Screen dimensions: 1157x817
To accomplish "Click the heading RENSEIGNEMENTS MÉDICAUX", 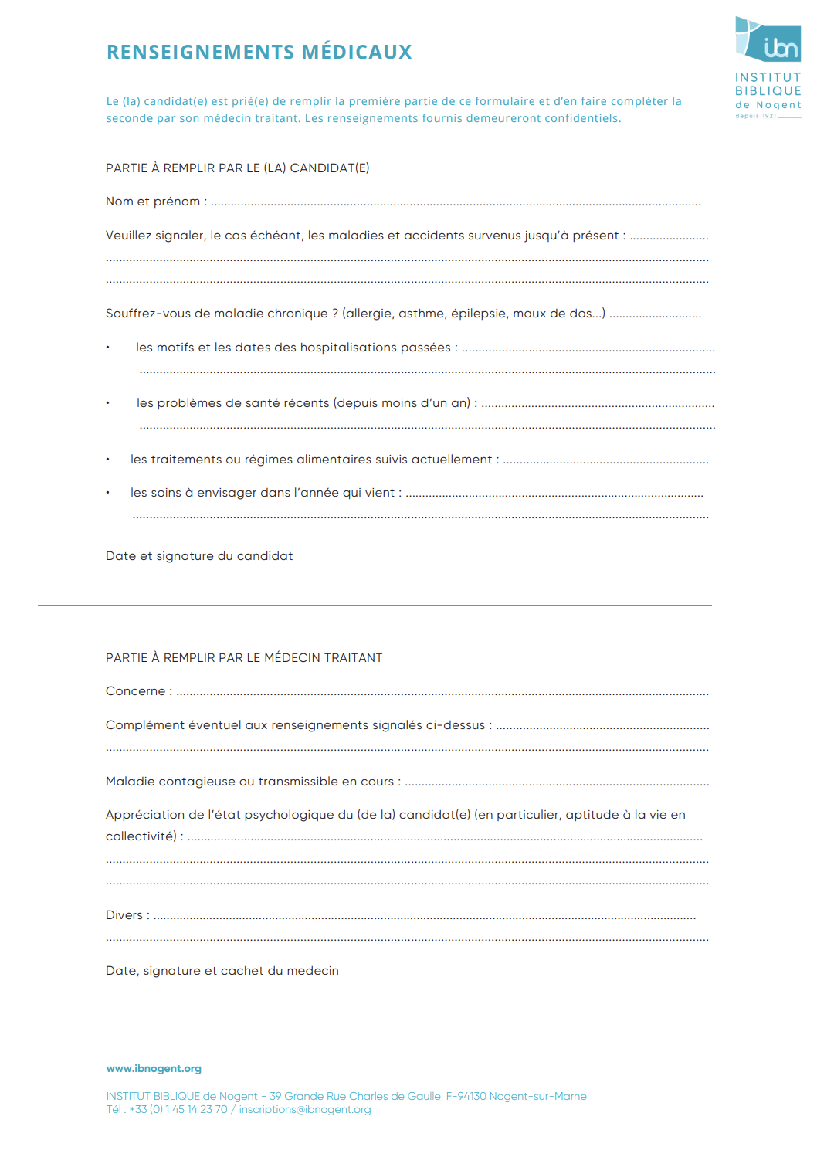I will tap(259, 52).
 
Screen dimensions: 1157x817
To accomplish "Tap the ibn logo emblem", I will tap(768, 40).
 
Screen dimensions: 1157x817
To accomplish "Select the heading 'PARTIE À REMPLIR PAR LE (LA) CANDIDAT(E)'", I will tap(237, 168).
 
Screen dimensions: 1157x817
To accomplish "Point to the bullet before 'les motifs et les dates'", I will tap(108, 348).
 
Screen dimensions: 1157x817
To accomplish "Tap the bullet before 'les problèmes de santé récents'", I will tap(108, 403).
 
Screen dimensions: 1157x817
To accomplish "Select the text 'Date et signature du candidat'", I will tap(199, 556).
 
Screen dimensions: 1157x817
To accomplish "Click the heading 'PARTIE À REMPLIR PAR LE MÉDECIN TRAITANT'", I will tap(244, 658).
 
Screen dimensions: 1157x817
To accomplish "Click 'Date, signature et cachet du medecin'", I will tap(222, 971).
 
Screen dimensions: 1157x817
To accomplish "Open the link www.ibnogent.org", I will tap(154, 1069).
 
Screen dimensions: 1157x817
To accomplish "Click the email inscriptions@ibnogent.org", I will tap(305, 1110).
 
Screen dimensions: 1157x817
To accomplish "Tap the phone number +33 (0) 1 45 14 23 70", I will tap(178, 1110).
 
